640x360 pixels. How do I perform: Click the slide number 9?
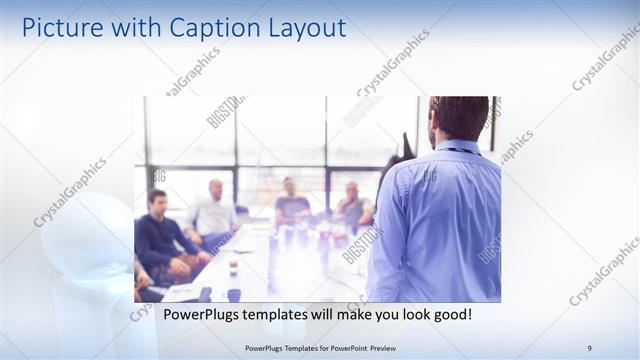pos(590,348)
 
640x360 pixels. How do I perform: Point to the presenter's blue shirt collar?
pos(455,146)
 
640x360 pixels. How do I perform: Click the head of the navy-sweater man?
pos(156,200)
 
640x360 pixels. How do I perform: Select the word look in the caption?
pos(408,314)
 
